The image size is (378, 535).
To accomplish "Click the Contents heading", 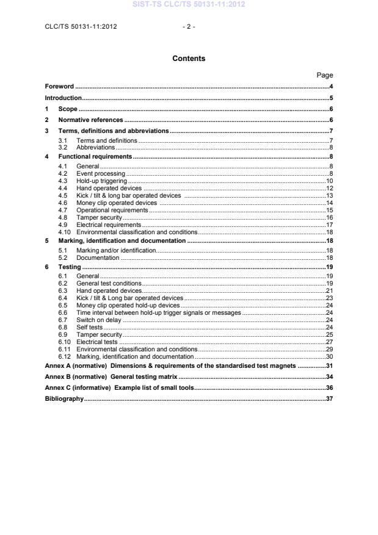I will coord(189,59).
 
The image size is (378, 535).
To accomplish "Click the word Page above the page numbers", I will coord(324,75).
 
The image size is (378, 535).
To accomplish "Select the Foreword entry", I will coord(59,87).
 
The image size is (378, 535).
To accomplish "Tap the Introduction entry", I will coord(63,98).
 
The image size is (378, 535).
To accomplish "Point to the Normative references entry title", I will coord(90,120).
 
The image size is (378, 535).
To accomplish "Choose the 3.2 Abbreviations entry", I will coord(95,147).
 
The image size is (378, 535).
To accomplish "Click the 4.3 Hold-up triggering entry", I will coord(101,181).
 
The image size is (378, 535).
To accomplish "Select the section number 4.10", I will coord(64,232).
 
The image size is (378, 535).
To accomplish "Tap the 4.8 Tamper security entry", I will coord(99,217).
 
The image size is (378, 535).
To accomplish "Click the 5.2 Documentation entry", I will coord(98,258).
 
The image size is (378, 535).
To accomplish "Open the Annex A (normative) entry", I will coord(170,365).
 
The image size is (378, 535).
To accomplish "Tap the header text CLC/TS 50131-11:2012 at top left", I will coord(81,26).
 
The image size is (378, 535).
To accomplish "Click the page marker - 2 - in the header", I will coord(189,26).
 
